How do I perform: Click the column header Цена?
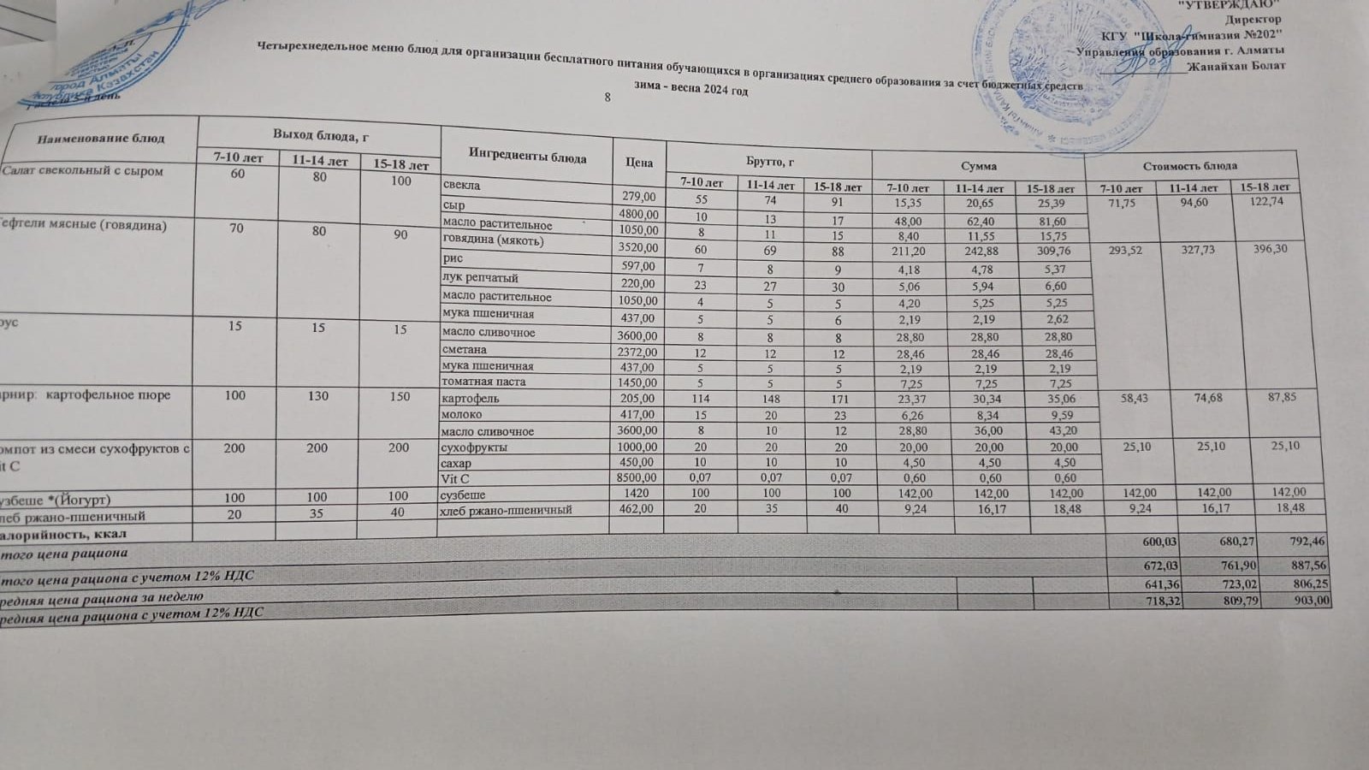[x=639, y=163]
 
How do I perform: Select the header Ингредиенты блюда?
[x=527, y=157]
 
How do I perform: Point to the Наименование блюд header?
[x=100, y=138]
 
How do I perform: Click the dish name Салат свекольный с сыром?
[x=82, y=171]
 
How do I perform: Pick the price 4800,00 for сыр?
[x=639, y=214]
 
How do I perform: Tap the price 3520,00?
[x=639, y=248]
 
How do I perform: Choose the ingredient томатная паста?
[x=483, y=382]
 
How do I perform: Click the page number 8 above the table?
[x=607, y=98]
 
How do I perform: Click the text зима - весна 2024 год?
[x=690, y=89]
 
